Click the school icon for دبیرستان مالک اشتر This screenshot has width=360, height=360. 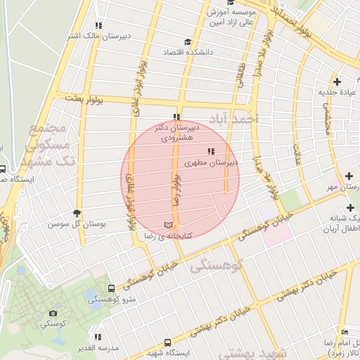[98, 25]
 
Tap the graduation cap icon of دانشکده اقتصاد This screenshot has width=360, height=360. [187, 41]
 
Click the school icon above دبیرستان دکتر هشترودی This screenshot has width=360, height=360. [176, 117]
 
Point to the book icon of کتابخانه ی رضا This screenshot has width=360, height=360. [167, 225]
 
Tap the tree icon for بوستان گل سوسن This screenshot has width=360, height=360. [77, 213]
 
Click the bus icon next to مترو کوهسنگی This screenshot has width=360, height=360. [111, 288]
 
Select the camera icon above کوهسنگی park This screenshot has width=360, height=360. [53, 313]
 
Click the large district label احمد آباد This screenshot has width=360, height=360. [227, 118]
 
